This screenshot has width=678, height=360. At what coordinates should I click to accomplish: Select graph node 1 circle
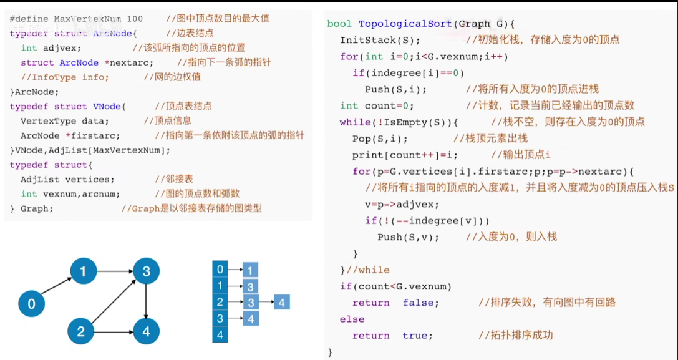point(83,271)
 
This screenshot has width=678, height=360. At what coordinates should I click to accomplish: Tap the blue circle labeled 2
point(80,331)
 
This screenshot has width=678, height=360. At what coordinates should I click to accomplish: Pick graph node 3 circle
point(146,271)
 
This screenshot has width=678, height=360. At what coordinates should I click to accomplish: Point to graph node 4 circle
point(146,331)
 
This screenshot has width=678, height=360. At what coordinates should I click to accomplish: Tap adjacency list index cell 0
point(220,270)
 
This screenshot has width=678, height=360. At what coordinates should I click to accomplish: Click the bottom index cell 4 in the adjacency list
point(220,335)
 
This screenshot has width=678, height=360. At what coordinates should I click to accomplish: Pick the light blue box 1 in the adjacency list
point(249,270)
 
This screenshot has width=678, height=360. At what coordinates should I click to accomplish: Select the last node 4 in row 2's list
point(281,303)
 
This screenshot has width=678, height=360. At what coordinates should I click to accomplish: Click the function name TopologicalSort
point(405,24)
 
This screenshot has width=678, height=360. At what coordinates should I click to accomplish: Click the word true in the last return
point(415,336)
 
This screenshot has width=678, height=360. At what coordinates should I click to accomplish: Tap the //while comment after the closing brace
point(369,270)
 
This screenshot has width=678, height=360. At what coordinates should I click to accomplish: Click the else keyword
point(352,319)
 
